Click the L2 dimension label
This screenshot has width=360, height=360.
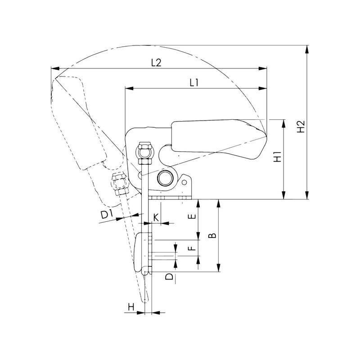(x=156, y=63)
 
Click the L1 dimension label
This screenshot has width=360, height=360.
(x=194, y=83)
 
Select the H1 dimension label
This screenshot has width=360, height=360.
(x=278, y=157)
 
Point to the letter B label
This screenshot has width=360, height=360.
(x=213, y=235)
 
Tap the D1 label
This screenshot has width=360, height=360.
(x=107, y=215)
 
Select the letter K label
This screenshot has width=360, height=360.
(x=156, y=217)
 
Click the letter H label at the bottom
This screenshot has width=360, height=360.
(x=131, y=307)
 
